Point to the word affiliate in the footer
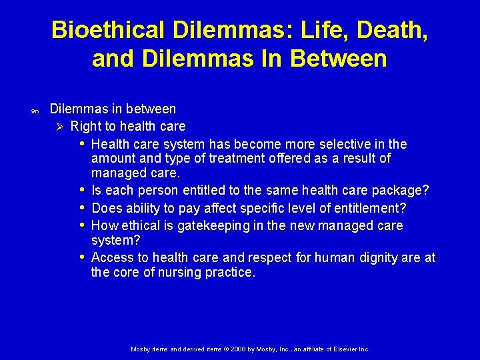(x=305, y=349)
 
